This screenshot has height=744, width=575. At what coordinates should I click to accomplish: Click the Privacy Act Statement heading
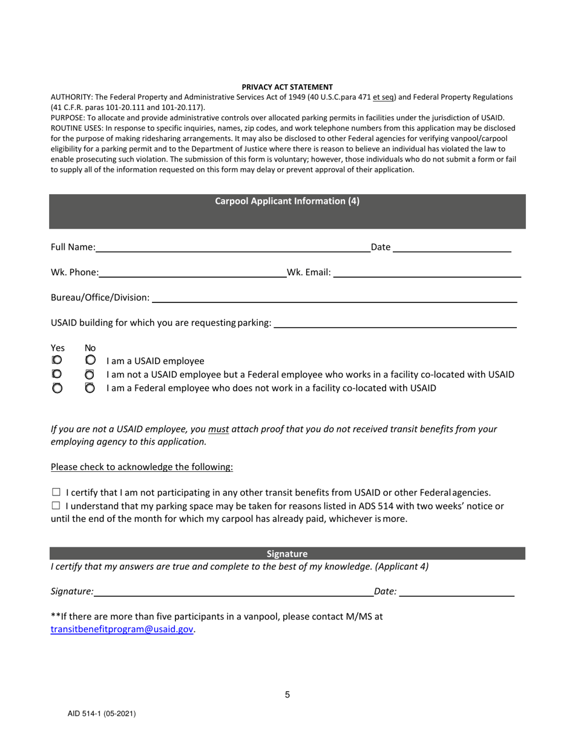[x=287, y=87]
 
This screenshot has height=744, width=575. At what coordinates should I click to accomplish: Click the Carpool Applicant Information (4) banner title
[x=287, y=201]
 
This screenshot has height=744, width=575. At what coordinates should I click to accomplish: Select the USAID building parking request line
[x=395, y=323]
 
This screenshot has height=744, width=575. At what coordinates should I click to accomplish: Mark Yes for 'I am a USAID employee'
[x=57, y=361]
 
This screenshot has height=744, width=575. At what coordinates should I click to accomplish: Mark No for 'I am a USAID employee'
[x=90, y=361]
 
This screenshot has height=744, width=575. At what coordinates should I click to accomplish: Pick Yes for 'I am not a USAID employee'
[x=57, y=374]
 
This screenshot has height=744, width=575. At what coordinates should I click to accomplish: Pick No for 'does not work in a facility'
[x=90, y=388]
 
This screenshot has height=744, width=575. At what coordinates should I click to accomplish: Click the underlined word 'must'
[x=218, y=429]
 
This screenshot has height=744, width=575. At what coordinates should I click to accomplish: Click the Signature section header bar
[x=287, y=553]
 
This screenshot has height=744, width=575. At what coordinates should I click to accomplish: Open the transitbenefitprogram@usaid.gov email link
[x=122, y=629]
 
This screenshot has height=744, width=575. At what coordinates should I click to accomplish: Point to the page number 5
[x=287, y=695]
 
